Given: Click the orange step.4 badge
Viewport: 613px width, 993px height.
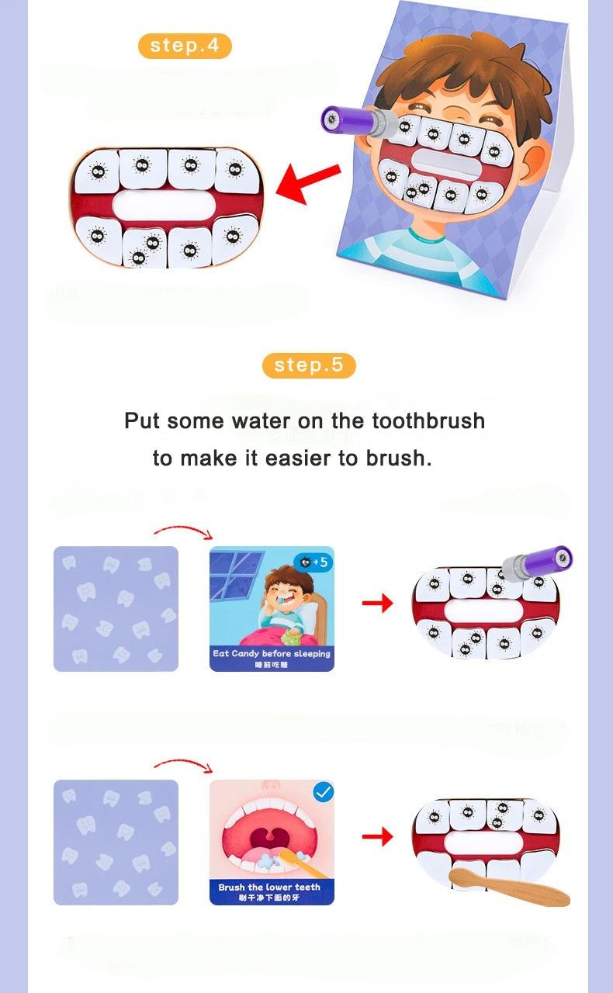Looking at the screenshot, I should point(185,45).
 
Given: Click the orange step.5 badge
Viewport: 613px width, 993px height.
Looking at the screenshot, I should point(309,365).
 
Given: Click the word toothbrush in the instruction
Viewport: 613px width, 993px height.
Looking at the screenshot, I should point(428,421).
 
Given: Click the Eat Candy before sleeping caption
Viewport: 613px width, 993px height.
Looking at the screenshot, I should point(272,654).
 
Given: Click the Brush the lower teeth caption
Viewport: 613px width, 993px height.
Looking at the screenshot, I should point(272,887).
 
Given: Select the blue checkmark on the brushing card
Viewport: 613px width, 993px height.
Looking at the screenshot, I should point(323,792).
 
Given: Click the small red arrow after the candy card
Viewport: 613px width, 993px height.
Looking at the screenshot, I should point(377,603).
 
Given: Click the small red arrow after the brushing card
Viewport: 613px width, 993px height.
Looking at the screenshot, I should point(377,836).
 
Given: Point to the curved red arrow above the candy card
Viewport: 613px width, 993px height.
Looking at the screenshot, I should point(183,531).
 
